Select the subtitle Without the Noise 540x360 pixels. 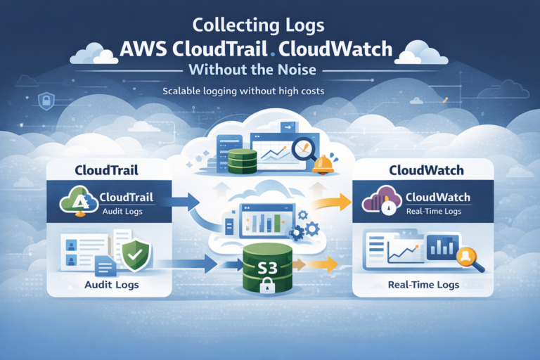click(270, 72)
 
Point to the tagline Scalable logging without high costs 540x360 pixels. click(269, 92)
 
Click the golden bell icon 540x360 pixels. click(323, 165)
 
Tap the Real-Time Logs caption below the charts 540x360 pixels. click(423, 285)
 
